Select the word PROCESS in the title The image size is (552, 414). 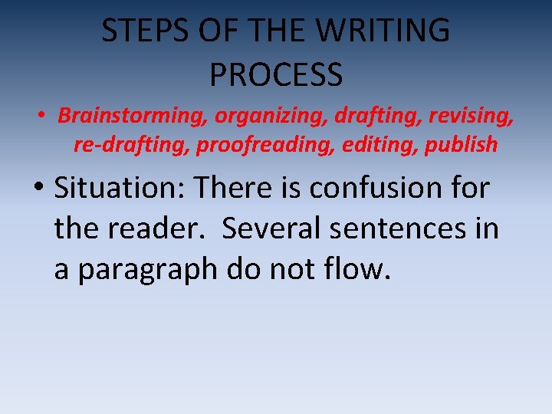tap(275, 74)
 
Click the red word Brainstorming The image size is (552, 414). tap(133, 117)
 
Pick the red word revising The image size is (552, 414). tap(469, 117)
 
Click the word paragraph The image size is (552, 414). tap(149, 270)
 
